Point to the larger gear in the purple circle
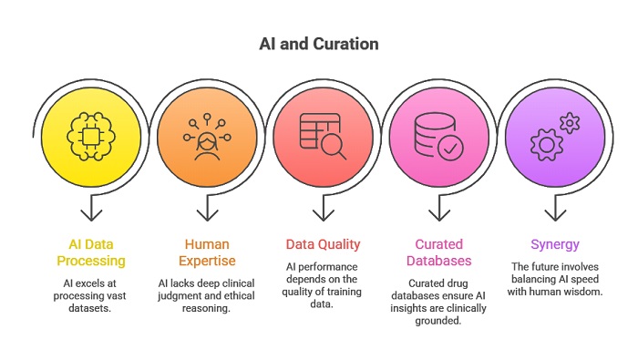pyautogui.click(x=547, y=144)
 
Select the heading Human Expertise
pyautogui.click(x=207, y=252)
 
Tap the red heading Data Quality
pyautogui.click(x=324, y=244)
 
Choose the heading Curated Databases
pyautogui.click(x=439, y=252)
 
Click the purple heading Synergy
pyautogui.click(x=556, y=244)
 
